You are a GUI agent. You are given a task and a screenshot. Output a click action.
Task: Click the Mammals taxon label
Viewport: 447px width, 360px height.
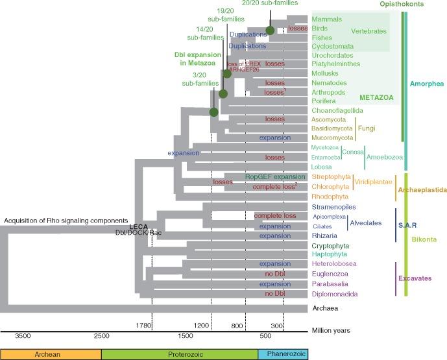(x=327, y=19)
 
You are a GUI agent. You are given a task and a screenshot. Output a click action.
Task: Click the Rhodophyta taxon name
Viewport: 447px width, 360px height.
(x=332, y=196)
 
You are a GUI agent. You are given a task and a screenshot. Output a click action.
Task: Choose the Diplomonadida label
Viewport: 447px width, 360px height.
(x=334, y=294)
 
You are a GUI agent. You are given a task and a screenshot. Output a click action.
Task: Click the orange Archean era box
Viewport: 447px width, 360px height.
(x=51, y=354)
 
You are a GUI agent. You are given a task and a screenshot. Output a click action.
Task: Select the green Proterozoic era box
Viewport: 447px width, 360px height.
(x=180, y=354)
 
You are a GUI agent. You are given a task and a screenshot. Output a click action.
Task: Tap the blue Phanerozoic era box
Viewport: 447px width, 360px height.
(x=283, y=354)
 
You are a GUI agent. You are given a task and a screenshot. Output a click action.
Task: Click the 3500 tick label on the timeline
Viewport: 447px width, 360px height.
(x=22, y=335)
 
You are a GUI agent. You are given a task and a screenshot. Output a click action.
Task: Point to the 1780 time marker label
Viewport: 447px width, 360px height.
(x=143, y=324)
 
